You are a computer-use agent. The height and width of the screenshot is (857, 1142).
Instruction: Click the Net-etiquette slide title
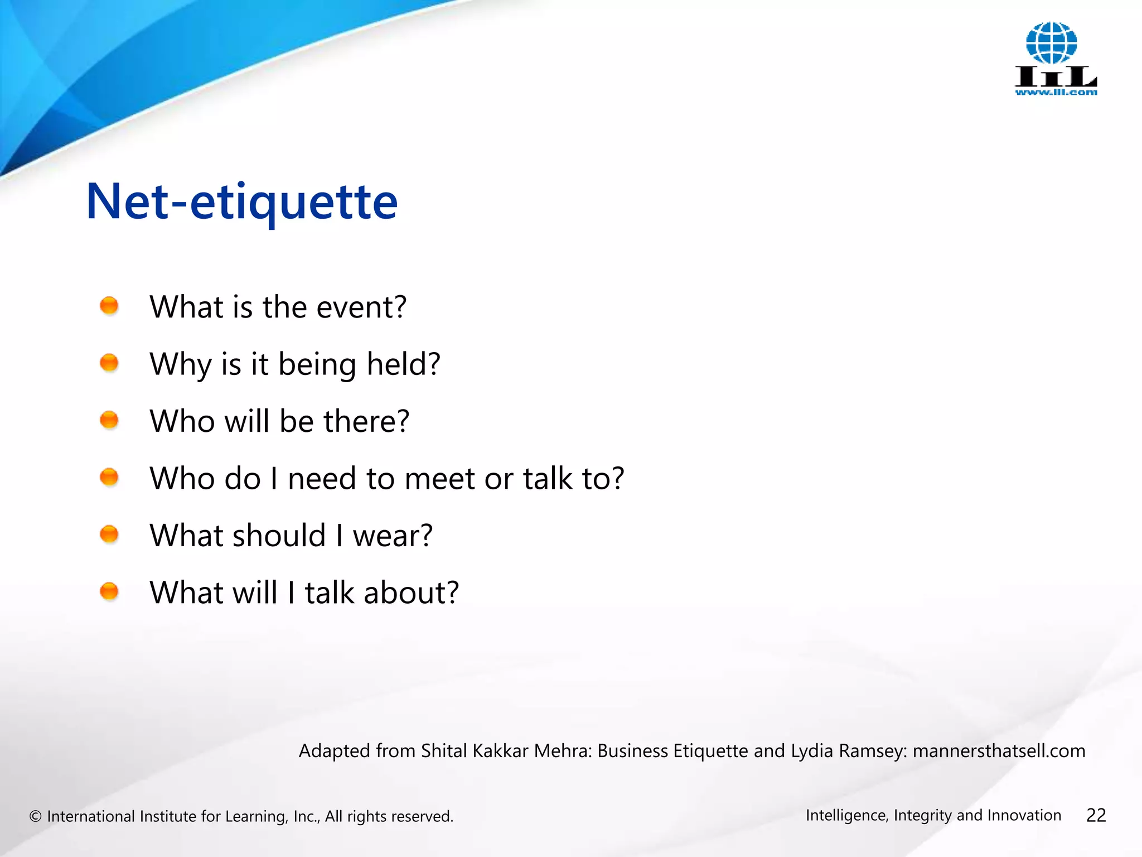click(242, 202)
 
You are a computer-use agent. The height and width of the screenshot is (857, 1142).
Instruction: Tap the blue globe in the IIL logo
click(1051, 43)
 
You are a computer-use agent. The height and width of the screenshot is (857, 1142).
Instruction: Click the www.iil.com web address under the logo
click(1056, 93)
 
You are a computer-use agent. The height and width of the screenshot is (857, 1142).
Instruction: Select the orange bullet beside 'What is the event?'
click(109, 306)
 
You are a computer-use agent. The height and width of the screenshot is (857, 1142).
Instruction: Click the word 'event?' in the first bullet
click(361, 307)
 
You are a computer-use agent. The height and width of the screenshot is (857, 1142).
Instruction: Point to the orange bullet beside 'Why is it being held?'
click(109, 363)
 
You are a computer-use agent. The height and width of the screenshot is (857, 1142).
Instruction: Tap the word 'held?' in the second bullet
click(404, 364)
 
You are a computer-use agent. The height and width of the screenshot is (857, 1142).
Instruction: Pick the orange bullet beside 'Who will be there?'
click(109, 420)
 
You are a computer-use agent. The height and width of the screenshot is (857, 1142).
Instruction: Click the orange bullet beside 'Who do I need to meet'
click(109, 477)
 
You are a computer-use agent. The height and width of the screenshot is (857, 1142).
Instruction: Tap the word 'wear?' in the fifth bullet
click(393, 536)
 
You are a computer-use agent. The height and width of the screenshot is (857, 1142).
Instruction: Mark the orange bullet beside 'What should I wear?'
click(109, 534)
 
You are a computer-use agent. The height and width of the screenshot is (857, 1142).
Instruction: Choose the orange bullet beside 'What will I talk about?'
click(109, 591)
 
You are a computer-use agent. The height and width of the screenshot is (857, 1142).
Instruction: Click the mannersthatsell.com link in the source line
click(999, 751)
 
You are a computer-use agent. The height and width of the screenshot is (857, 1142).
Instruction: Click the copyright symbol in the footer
click(36, 816)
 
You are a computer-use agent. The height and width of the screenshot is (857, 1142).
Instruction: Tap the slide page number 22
click(1096, 816)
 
